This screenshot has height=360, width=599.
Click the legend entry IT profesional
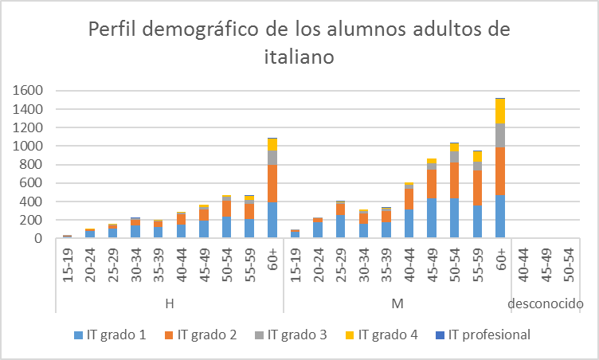pos(489,335)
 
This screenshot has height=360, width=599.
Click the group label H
pos(170,303)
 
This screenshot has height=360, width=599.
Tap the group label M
pos(397,303)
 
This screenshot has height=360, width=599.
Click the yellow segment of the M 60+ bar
pos(500,111)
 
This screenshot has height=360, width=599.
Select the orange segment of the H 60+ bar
pos(272,183)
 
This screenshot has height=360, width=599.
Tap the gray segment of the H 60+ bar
pos(272,158)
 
